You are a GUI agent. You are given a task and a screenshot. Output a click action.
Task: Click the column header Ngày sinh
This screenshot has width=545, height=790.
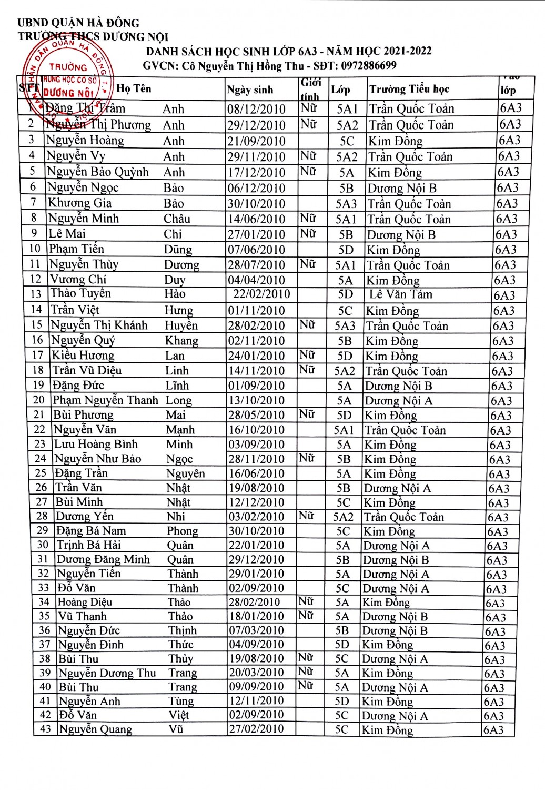coord(250,90)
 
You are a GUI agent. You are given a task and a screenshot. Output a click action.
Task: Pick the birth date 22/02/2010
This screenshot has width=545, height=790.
coord(261,294)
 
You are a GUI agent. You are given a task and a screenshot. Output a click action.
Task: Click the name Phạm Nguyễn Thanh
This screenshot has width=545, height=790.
coord(105,400)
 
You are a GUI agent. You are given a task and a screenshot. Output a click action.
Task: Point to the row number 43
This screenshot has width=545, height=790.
coord(46,729)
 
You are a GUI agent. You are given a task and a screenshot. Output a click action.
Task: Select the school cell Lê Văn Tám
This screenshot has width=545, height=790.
coord(400,294)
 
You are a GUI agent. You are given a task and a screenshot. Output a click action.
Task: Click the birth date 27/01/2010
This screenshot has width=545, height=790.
coord(256,234)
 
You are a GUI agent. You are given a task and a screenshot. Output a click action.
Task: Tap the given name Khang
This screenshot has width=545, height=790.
coord(181,341)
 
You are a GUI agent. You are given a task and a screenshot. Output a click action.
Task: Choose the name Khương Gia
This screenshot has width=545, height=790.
coord(80,203)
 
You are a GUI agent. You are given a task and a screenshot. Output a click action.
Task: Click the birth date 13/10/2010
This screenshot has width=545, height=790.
coord(256,401)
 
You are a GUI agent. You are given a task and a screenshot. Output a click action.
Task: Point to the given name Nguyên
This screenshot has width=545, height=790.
coord(186,473)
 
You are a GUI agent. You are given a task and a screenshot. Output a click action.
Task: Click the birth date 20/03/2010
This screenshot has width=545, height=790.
coord(256,673)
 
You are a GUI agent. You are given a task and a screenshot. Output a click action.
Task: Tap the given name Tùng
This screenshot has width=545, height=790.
coord(181,701)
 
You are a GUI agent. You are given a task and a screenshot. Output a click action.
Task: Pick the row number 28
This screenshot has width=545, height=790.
coord(42,516)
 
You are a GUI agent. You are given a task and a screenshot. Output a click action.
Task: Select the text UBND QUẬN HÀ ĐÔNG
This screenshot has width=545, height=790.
coord(78,23)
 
